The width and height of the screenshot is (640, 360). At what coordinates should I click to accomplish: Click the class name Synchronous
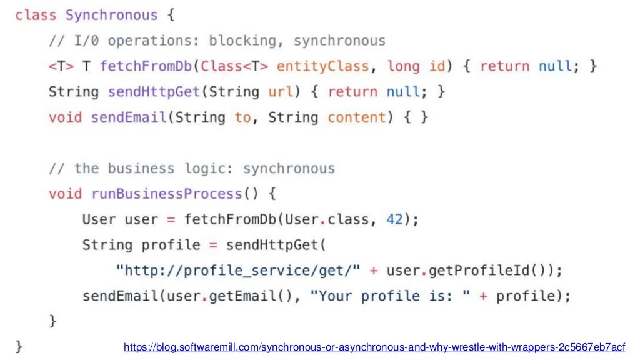(112, 15)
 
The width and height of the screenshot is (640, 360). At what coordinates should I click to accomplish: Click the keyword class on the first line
(36, 15)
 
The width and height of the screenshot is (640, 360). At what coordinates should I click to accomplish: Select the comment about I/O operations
(217, 41)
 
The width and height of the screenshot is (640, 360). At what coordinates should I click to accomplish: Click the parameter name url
(281, 92)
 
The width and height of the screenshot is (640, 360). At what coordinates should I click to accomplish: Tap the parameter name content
(357, 117)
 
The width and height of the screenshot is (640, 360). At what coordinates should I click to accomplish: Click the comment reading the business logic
(192, 169)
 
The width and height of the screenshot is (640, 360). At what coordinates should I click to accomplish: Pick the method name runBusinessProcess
(166, 194)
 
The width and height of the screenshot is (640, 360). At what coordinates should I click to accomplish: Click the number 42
(395, 220)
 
